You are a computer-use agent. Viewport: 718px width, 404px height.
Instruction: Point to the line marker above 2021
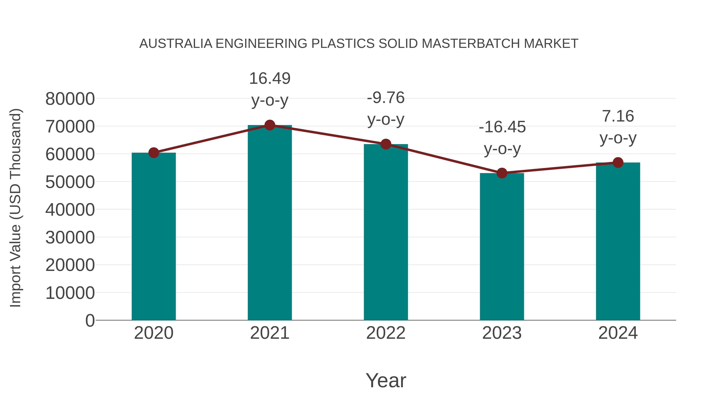tap(269, 125)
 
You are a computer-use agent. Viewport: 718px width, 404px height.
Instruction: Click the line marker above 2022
tap(386, 144)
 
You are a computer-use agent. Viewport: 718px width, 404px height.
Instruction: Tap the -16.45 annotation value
tap(502, 127)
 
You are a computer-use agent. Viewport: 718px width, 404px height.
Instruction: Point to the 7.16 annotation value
tap(618, 116)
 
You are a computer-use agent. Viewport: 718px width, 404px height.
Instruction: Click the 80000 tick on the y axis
tap(70, 99)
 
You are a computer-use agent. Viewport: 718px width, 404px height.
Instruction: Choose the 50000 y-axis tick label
tap(70, 182)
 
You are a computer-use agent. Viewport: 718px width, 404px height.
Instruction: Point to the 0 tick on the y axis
tap(90, 321)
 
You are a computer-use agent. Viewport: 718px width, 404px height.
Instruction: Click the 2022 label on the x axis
tap(386, 333)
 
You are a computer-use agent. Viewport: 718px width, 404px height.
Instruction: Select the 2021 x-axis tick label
tap(269, 333)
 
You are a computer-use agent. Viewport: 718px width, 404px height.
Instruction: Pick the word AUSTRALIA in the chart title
tap(176, 44)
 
